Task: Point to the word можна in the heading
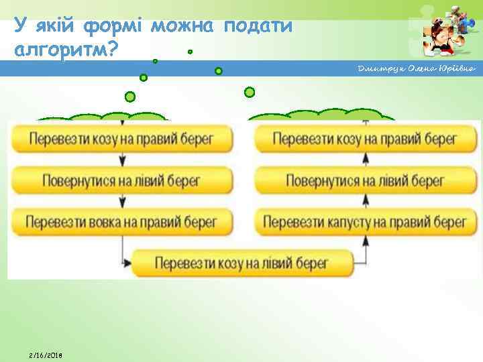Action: [x=182, y=27]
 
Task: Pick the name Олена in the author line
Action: [x=417, y=69]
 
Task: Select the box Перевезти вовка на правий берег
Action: [x=121, y=221]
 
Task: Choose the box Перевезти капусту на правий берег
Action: [x=365, y=221]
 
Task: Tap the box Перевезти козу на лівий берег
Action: [x=242, y=262]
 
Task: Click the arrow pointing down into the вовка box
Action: [x=122, y=201]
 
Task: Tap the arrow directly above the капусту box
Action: [x=366, y=199]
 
